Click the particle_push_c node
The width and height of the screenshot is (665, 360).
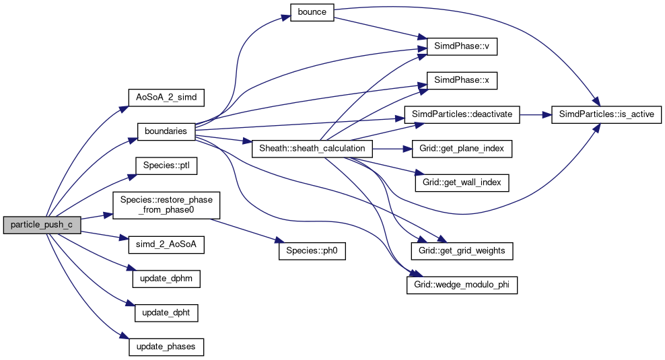click(42, 225)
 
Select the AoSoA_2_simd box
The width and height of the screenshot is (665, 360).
click(166, 97)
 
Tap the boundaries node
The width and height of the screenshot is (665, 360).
click(166, 131)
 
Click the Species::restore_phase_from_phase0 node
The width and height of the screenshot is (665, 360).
click(166, 205)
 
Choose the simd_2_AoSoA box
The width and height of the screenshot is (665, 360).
click(166, 245)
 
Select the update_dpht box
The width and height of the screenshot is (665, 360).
click(166, 313)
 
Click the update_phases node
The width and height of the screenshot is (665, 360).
click(166, 347)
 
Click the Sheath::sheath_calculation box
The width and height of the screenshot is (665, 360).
click(312, 148)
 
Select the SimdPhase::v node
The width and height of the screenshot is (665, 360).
click(462, 48)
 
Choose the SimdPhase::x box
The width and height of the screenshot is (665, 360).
click(462, 79)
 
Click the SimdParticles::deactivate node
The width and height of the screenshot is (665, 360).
click(462, 114)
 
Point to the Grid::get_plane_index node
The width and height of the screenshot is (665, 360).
click(462, 148)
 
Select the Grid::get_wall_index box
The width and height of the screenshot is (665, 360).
click(462, 182)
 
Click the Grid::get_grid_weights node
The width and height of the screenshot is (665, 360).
click(462, 250)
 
